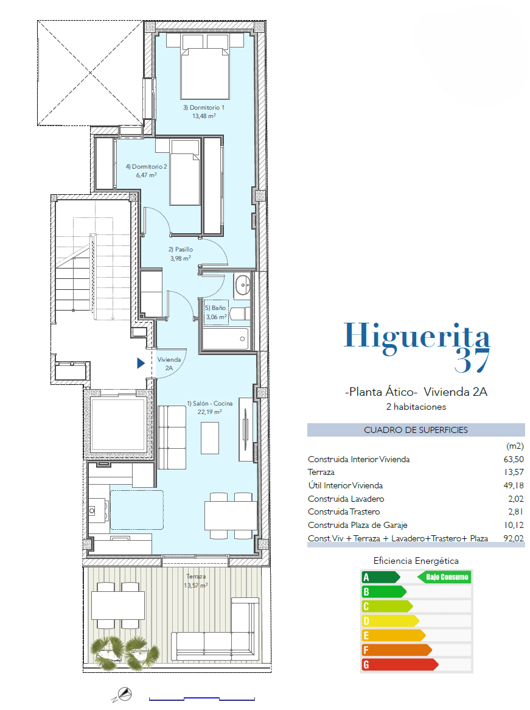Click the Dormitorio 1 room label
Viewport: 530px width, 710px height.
tap(204, 107)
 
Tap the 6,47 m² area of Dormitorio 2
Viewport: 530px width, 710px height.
tap(146, 175)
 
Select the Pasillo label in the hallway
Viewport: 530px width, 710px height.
tap(181, 249)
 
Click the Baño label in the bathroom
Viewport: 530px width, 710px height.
tap(215, 308)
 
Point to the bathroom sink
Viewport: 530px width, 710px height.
tap(243, 285)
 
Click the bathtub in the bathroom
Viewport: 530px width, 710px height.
tap(225, 339)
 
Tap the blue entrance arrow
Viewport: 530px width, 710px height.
tap(141, 363)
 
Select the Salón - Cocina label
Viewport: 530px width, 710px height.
tap(210, 403)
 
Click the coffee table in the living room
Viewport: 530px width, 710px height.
tap(210, 438)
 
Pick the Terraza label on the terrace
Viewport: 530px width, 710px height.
tap(196, 577)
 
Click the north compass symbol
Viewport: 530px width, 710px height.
tap(123, 694)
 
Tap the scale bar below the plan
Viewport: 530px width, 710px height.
tap(202, 699)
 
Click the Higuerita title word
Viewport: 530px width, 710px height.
tap(417, 337)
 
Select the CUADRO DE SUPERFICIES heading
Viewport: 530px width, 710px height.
tap(416, 430)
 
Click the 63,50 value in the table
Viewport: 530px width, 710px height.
tap(514, 459)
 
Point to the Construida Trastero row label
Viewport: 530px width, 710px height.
tap(344, 511)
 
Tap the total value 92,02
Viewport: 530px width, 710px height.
tap(514, 538)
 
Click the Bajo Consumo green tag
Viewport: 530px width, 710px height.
tap(444, 577)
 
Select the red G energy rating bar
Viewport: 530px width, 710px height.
tap(400, 664)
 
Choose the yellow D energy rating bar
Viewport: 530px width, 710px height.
tap(390, 621)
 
